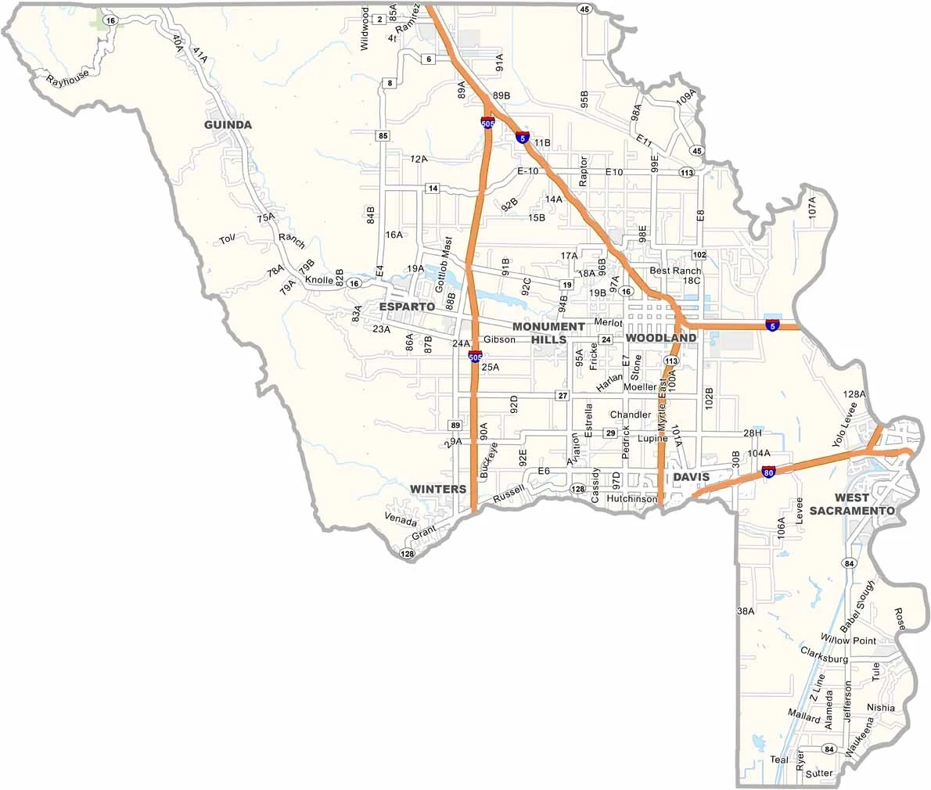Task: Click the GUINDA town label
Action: click(x=228, y=125)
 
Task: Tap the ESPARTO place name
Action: click(x=406, y=307)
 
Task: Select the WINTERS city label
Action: click(x=438, y=489)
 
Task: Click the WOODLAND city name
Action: click(x=660, y=338)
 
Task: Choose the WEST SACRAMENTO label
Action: click(x=852, y=504)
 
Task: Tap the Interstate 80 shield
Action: click(x=768, y=472)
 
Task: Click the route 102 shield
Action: click(x=699, y=255)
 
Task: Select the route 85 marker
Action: click(x=383, y=136)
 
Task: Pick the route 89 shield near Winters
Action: click(x=455, y=425)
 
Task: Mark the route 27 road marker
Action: click(x=562, y=396)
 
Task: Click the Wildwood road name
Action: click(x=365, y=30)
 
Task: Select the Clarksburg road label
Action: click(x=824, y=655)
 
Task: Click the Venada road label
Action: click(x=401, y=519)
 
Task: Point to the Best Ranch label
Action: click(x=675, y=271)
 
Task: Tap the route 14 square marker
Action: click(x=432, y=189)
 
